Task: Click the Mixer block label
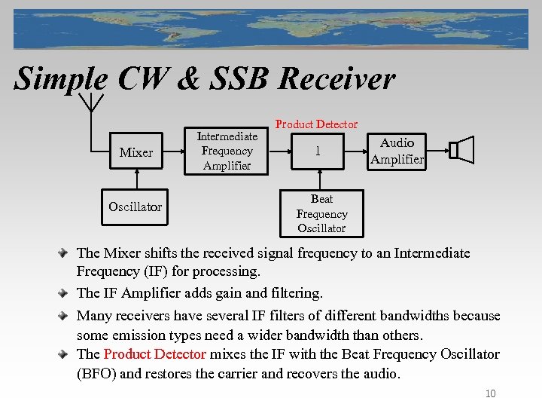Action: point(135,152)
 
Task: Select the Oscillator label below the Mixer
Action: point(135,207)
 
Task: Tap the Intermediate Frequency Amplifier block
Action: point(227,151)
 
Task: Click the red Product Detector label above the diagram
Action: point(316,124)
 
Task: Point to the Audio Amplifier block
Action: point(397,151)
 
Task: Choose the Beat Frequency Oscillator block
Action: point(321,213)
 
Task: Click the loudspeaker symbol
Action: point(461,150)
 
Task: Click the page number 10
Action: point(490,393)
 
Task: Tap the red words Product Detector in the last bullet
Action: point(155,354)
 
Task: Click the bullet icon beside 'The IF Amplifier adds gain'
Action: point(68,292)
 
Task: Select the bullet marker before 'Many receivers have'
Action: point(68,316)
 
